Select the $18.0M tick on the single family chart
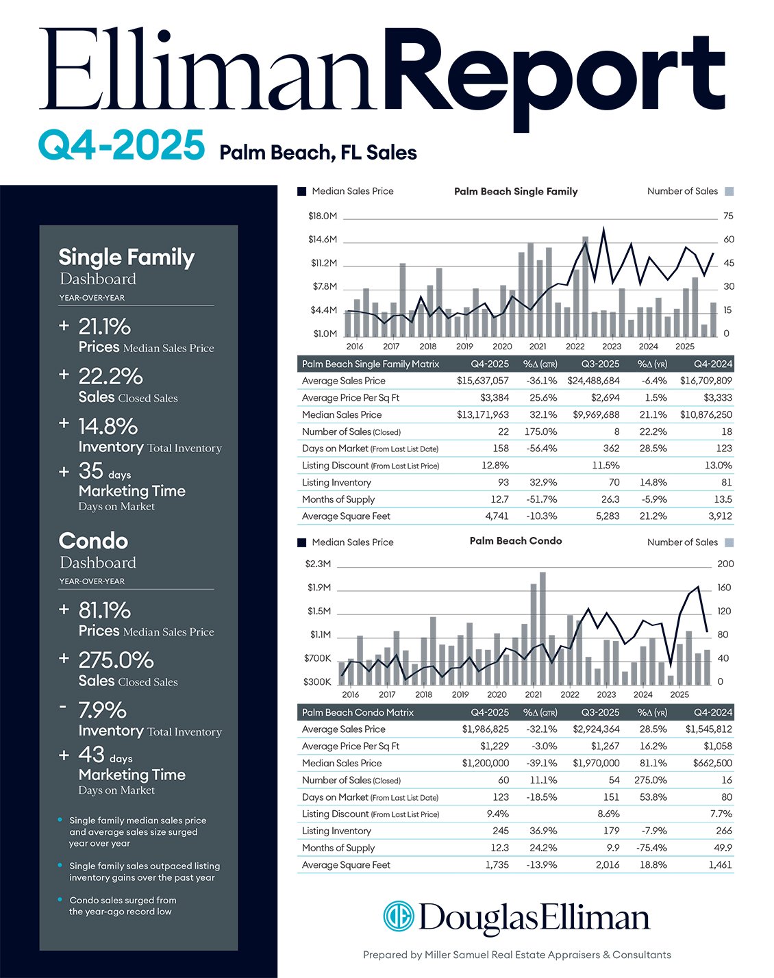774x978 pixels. point(323,216)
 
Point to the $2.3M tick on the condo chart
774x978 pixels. point(318,564)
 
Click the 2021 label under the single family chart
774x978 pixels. point(538,347)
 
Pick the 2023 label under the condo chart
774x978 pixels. point(606,694)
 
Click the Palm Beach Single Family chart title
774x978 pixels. point(516,192)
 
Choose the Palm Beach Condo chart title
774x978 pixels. point(516,541)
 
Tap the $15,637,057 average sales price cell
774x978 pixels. point(483,381)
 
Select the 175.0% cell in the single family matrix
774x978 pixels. point(540,431)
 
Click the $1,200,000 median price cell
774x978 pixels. point(485,763)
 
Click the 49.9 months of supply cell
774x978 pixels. point(722,848)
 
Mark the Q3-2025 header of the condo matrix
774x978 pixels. point(600,712)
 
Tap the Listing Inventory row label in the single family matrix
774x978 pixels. point(336,483)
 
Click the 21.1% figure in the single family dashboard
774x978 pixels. point(105,327)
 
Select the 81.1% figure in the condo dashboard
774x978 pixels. point(105,610)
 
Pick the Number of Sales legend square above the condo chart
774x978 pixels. point(729,542)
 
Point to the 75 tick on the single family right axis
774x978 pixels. point(728,216)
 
